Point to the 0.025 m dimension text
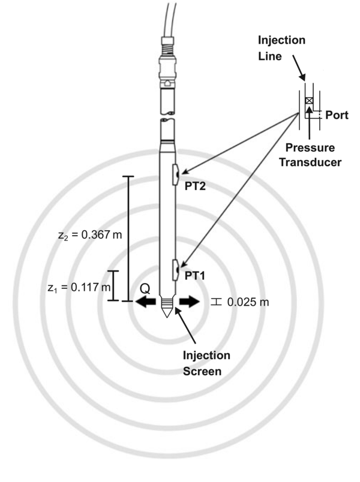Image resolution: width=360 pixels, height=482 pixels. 248,302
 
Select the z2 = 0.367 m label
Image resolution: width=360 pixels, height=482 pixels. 87,234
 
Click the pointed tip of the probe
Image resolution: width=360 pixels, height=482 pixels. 167,316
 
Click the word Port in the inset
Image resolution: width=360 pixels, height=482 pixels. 337,115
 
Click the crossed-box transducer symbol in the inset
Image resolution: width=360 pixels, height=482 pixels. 308,101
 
